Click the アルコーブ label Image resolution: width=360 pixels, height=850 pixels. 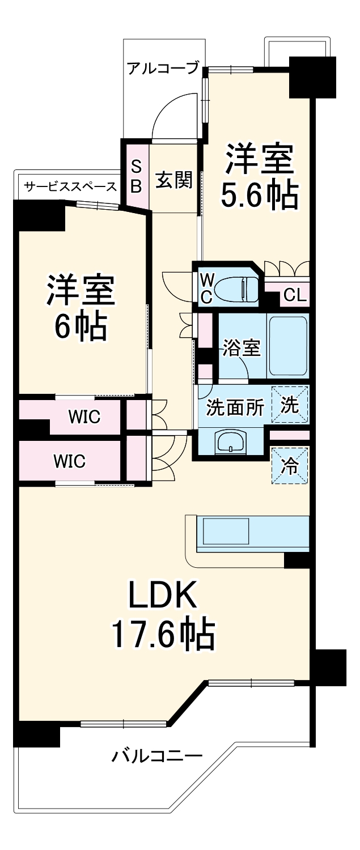click(x=163, y=68)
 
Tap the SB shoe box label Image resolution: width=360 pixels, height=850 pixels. click(x=136, y=176)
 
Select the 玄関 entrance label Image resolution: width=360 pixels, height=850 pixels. click(x=174, y=180)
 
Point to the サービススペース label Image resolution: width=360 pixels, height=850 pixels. click(x=70, y=186)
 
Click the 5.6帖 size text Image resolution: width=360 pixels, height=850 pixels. click(x=259, y=195)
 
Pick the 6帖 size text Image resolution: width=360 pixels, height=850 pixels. click(x=81, y=327)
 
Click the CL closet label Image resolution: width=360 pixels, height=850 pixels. click(x=295, y=295)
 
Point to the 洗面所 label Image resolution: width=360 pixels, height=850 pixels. click(x=235, y=407)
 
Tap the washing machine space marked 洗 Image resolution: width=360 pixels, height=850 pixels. click(x=290, y=405)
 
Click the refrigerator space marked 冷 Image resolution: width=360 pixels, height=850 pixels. click(x=289, y=466)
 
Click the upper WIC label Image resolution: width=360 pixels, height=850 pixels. click(x=84, y=416)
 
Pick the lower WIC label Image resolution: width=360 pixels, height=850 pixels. click(x=70, y=461)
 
